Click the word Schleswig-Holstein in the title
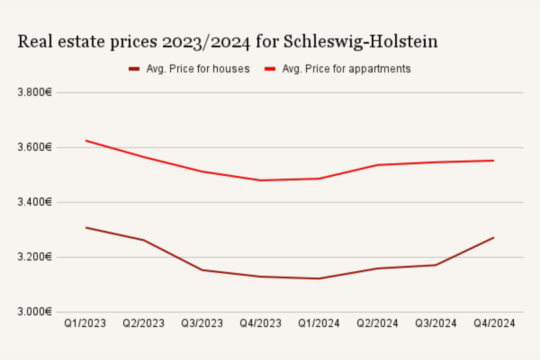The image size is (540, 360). click(x=360, y=42)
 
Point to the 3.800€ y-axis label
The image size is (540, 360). click(x=35, y=93)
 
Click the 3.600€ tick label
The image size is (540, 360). click(x=35, y=147)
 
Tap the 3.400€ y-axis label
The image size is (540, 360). click(x=35, y=202)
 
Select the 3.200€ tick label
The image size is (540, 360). click(x=35, y=257)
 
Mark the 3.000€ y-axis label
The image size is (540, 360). click(x=35, y=312)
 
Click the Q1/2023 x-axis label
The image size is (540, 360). click(x=85, y=323)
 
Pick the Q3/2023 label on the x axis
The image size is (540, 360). click(x=202, y=323)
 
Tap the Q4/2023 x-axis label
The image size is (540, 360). click(x=261, y=323)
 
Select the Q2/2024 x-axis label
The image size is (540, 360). click(x=377, y=323)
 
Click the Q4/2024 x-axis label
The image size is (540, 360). click(x=494, y=323)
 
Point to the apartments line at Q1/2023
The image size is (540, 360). click(x=86, y=141)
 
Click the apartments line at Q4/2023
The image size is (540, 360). click(x=261, y=180)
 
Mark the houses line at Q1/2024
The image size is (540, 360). click(x=319, y=278)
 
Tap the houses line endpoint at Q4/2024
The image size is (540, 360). click(x=493, y=238)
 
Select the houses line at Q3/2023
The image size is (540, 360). click(x=202, y=270)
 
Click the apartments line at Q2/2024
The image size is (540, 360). click(x=377, y=165)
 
